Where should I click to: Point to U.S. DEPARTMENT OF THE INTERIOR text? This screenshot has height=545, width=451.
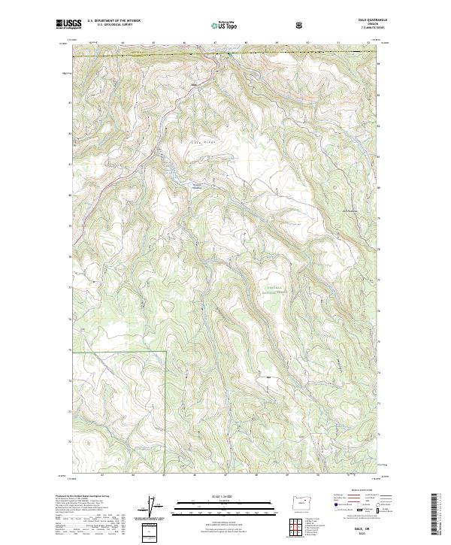click(x=114, y=20)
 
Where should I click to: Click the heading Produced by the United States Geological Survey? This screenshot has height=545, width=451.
click(x=82, y=496)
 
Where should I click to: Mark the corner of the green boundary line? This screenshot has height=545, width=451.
click(x=165, y=350)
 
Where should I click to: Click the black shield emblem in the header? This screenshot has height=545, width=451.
click(x=301, y=24)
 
